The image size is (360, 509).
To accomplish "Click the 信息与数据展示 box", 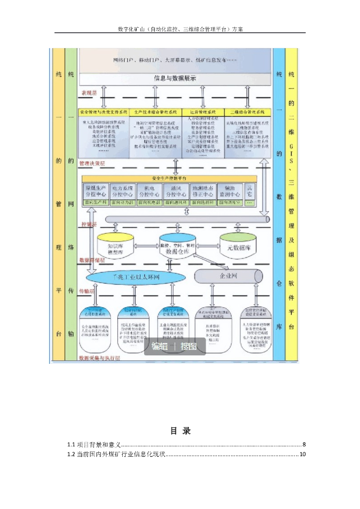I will (175, 78).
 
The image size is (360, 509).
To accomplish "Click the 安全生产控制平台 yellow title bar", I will (169, 178).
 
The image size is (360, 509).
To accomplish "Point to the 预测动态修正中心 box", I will (203, 191).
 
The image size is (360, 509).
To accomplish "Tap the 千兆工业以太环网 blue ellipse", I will (129, 276).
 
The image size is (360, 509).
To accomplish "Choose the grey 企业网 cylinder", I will (228, 275).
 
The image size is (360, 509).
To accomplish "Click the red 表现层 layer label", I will (89, 92).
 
